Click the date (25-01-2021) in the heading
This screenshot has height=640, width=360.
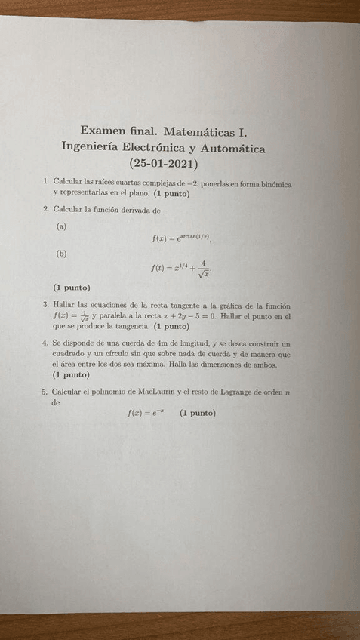[x=163, y=163]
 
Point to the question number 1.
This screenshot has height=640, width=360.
[x=46, y=182]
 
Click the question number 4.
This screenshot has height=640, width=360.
[x=46, y=343]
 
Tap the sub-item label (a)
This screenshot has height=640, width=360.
[x=62, y=226]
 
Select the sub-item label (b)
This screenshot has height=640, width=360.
[x=62, y=254]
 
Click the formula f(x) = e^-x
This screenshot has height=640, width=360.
[x=146, y=413]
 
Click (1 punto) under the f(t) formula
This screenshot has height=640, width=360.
[x=72, y=288]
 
